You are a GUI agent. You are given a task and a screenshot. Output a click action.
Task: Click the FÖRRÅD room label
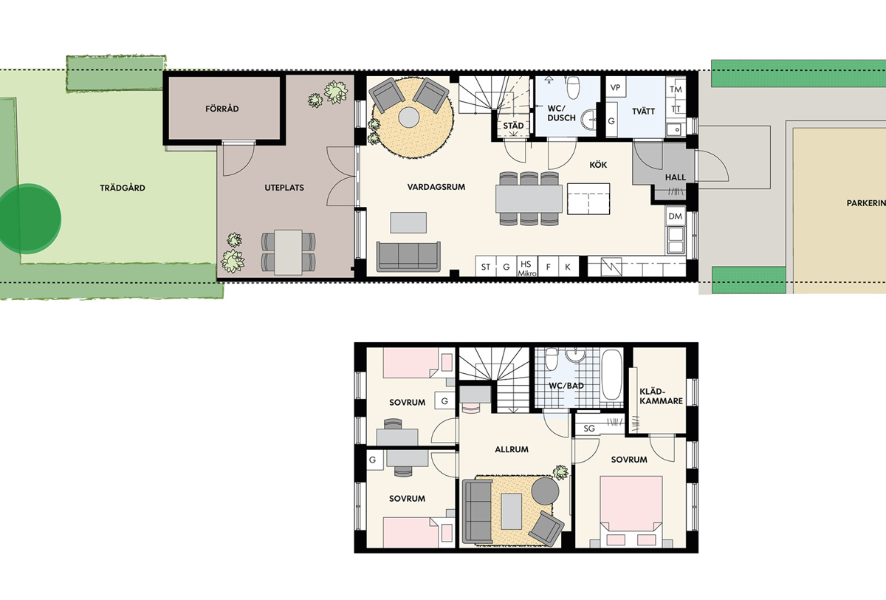pyautogui.click(x=222, y=109)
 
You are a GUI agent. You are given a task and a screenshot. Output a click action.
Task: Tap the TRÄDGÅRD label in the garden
pyautogui.click(x=123, y=188)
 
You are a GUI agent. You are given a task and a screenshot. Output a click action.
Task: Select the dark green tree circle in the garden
pyautogui.click(x=29, y=219)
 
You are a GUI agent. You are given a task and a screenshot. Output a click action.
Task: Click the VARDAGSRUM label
pyautogui.click(x=436, y=187)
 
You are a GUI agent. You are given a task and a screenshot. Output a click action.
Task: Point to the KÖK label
pyautogui.click(x=598, y=165)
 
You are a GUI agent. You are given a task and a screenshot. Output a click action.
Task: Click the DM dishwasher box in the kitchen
pyautogui.click(x=675, y=216)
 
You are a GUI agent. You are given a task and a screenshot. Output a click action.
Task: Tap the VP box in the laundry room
pyautogui.click(x=616, y=87)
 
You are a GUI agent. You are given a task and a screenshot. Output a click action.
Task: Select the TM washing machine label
pyautogui.click(x=676, y=89)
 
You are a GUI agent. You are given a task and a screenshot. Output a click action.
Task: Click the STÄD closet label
pyautogui.click(x=513, y=126)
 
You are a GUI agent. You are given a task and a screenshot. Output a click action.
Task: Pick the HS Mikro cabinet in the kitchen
pyautogui.click(x=527, y=267)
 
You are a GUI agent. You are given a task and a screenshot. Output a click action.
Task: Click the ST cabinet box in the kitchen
pyautogui.click(x=486, y=267)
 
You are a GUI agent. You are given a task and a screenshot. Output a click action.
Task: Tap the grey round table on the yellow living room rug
pyautogui.click(x=408, y=117)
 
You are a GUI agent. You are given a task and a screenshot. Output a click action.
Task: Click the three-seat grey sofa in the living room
pyautogui.click(x=408, y=256)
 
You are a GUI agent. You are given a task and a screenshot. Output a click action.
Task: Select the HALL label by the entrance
pyautogui.click(x=675, y=177)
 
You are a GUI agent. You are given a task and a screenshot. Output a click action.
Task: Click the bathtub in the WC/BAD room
pyautogui.click(x=611, y=375)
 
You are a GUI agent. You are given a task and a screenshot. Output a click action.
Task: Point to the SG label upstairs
pyautogui.click(x=589, y=429)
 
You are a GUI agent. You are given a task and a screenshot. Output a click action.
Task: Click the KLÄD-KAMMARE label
pyautogui.click(x=661, y=396)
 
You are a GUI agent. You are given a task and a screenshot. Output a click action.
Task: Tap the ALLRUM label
pyautogui.click(x=512, y=449)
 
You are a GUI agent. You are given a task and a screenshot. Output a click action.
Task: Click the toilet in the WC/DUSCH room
pyautogui.click(x=573, y=87)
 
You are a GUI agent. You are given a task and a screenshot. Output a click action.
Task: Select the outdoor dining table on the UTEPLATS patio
pyautogui.click(x=289, y=253)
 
